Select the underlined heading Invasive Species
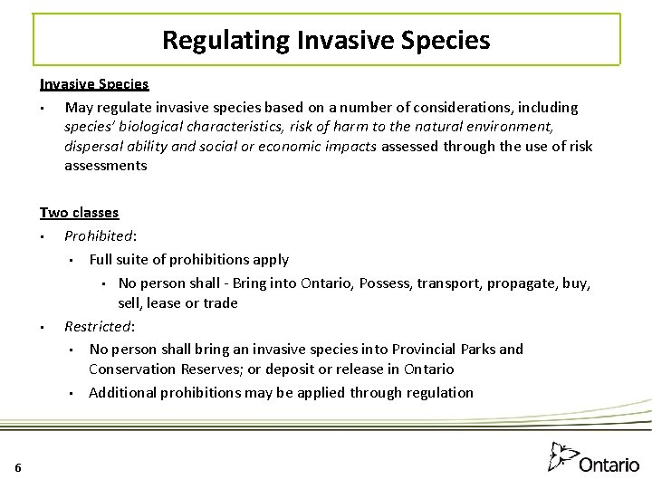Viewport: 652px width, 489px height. pyautogui.click(x=94, y=83)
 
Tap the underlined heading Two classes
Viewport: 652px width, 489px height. pyautogui.click(x=79, y=212)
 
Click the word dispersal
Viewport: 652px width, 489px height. pyautogui.click(x=94, y=146)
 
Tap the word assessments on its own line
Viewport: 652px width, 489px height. pyautogui.click(x=105, y=166)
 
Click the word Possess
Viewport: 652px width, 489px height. pyautogui.click(x=385, y=283)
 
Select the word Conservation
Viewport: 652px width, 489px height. pyautogui.click(x=130, y=369)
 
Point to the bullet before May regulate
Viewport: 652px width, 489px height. pyautogui.click(x=43, y=109)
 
